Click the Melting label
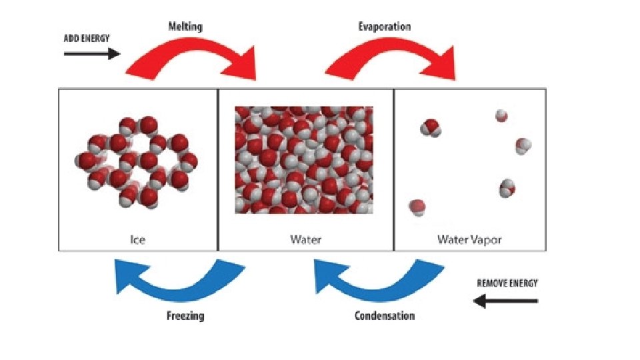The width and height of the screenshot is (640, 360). pos(185,27)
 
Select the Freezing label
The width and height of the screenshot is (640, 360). pos(185,315)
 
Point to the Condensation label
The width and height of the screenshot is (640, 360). pos(384,315)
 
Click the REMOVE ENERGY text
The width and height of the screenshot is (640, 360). pos(507,283)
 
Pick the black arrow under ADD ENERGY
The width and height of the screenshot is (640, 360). pos(91,53)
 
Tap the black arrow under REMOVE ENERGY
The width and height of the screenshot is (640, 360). pos(505,301)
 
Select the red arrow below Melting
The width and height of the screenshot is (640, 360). pos(193,60)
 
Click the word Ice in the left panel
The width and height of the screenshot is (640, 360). pos(138,239)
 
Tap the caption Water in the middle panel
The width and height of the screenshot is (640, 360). pos(305,239)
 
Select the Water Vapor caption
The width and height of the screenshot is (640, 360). pos(469,239)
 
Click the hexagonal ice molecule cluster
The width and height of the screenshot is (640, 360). pos(137,161)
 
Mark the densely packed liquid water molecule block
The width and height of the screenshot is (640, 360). pos(303,160)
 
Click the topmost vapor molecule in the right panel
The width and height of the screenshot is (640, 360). pos(501,117)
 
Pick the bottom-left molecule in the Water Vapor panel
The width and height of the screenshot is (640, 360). pos(417,207)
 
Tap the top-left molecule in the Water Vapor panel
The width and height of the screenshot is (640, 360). pos(430,126)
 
